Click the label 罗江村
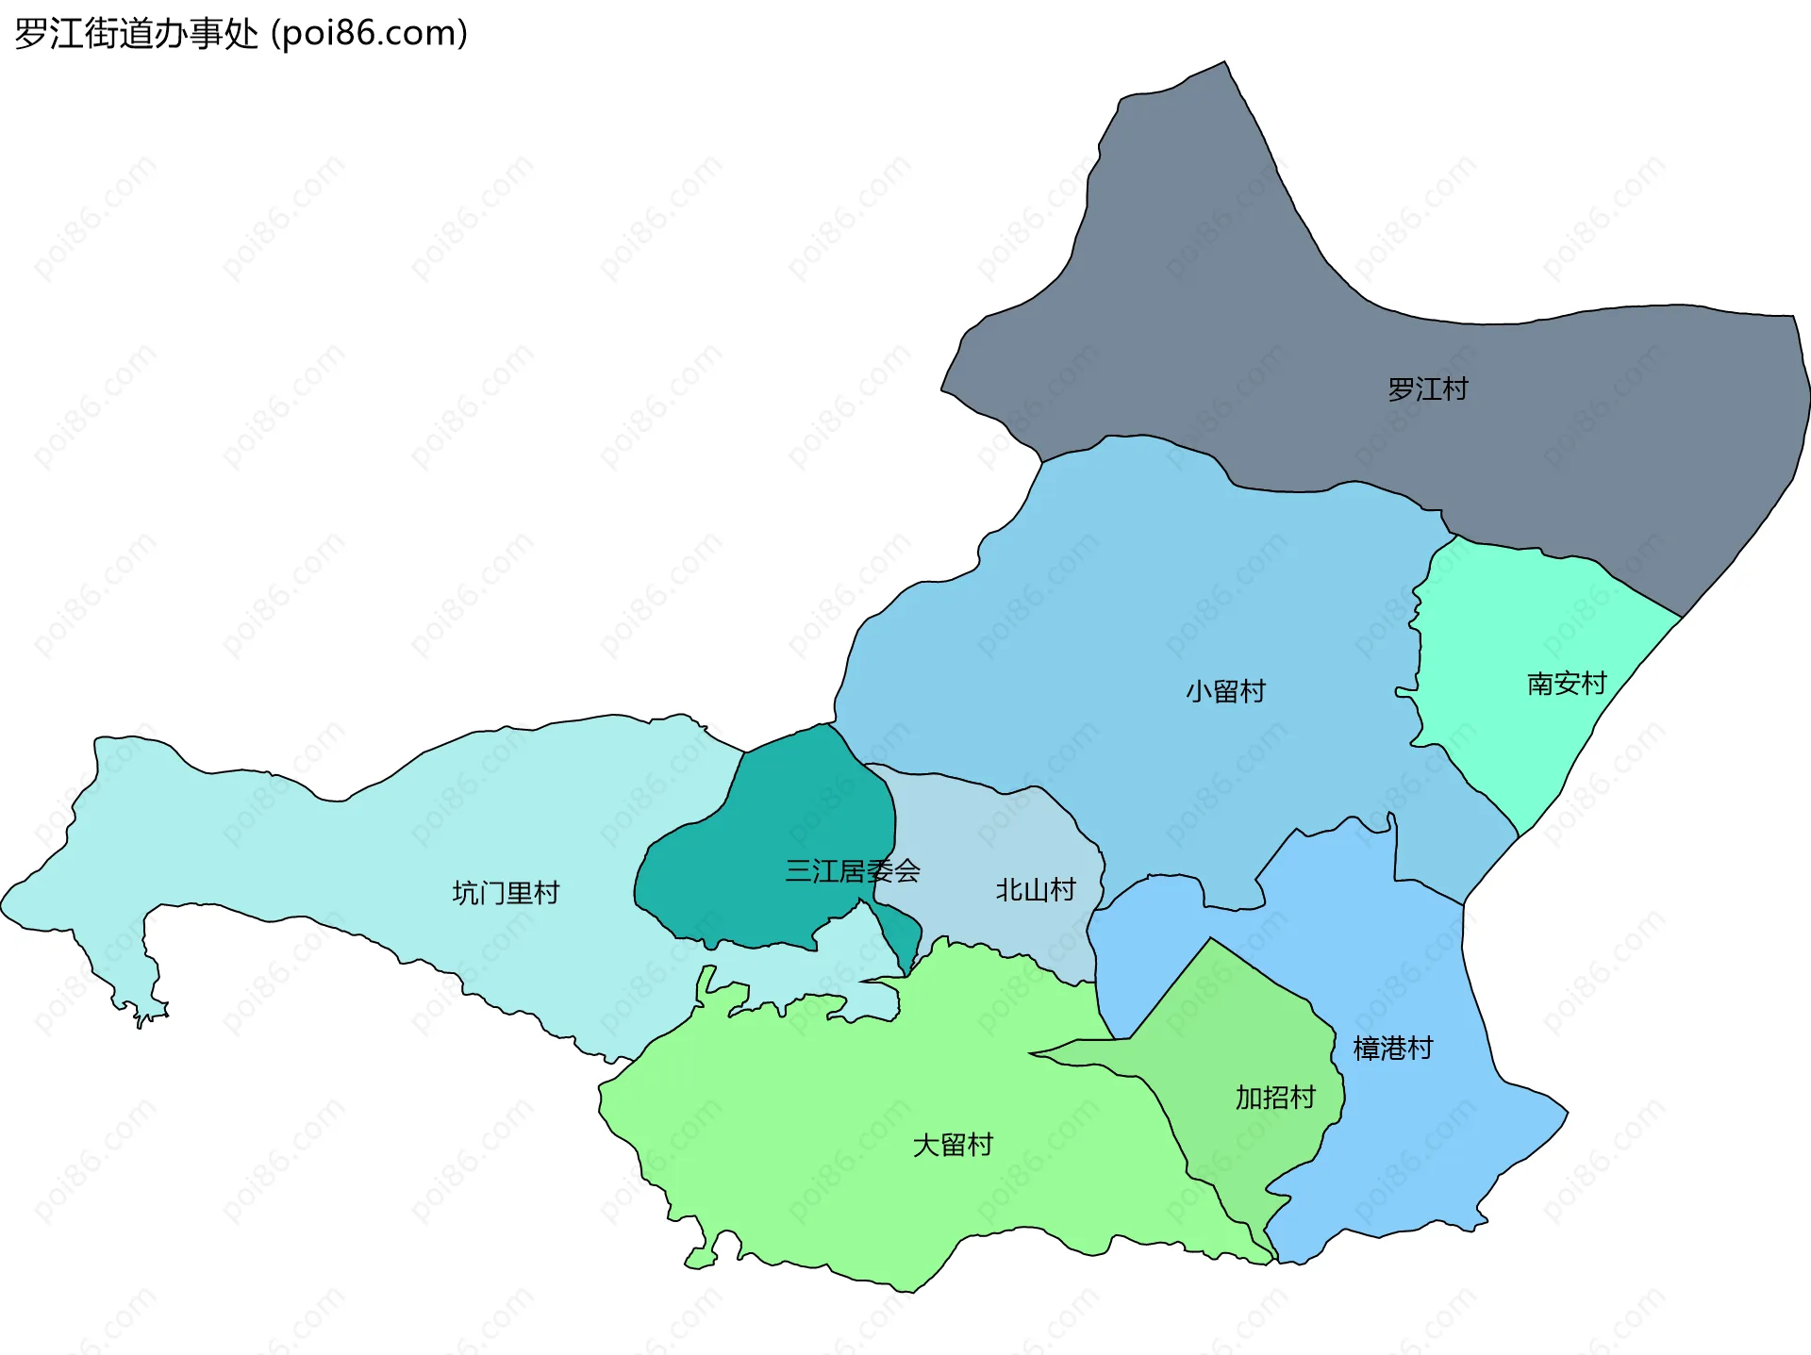click(1427, 388)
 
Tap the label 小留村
click(1225, 691)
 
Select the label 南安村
click(1566, 684)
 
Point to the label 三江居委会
click(852, 870)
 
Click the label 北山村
click(1036, 889)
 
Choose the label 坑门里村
click(506, 892)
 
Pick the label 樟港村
click(1392, 1048)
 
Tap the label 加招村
click(1275, 1097)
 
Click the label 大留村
click(953, 1145)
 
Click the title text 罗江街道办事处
click(136, 34)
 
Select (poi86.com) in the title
click(370, 34)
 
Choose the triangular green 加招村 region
click(1226, 1028)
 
